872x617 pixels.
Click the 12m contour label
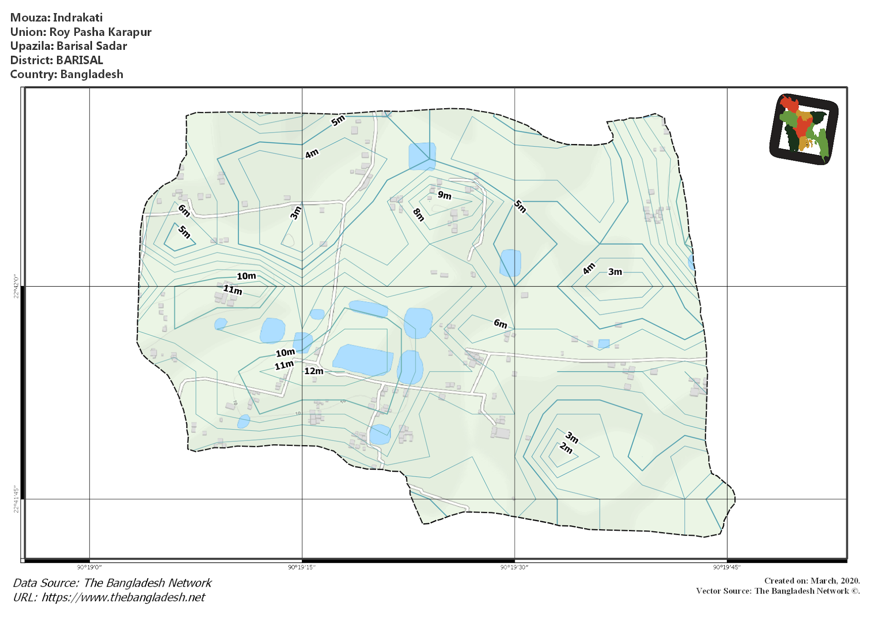(x=314, y=371)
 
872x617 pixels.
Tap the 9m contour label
(x=444, y=195)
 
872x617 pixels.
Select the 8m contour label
(x=419, y=215)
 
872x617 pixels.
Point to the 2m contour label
(x=566, y=448)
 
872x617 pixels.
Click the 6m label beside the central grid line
(x=500, y=324)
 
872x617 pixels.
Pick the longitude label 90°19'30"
(x=514, y=567)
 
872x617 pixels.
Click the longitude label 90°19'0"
(x=89, y=567)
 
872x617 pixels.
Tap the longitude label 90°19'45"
(x=727, y=567)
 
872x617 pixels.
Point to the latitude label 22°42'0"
(x=17, y=287)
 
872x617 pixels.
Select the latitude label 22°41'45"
(x=17, y=499)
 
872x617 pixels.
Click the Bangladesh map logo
(x=803, y=129)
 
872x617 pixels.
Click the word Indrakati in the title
(x=78, y=17)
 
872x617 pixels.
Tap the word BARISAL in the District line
(x=80, y=60)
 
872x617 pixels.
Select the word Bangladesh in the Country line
(x=92, y=74)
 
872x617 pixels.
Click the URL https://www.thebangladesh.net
(x=123, y=597)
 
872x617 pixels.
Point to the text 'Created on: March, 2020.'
(x=812, y=581)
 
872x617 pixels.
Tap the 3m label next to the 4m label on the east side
(x=615, y=272)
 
